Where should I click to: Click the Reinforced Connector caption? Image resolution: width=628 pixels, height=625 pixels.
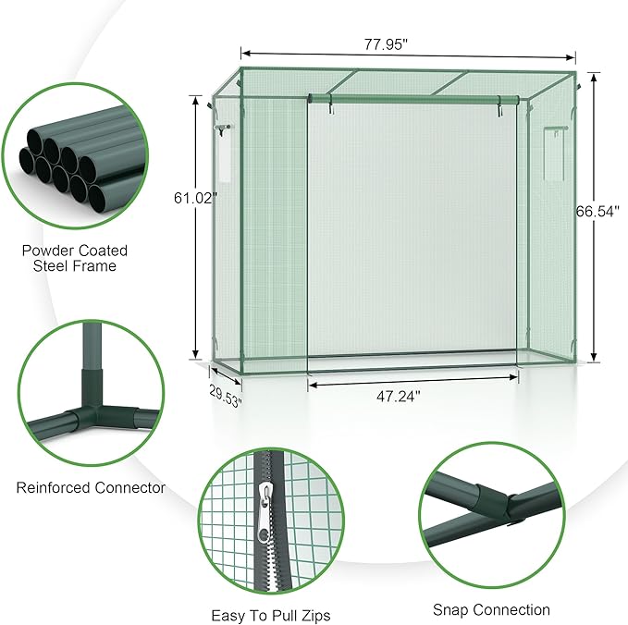point(91,487)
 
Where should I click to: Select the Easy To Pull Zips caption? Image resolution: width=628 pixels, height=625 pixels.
point(270,615)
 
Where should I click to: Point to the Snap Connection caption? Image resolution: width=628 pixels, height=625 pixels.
point(491,609)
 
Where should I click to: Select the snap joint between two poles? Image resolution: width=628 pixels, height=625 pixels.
point(496,505)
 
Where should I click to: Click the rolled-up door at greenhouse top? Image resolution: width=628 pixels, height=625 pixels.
point(413,99)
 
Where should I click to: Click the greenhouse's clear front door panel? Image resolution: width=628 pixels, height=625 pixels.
point(413,231)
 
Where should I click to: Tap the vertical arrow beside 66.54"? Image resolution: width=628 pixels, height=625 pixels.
point(593,277)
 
